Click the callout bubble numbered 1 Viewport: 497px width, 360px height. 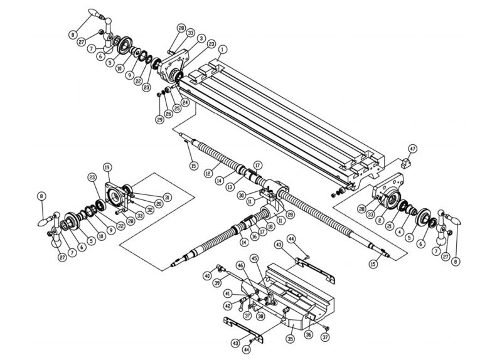[x=223, y=48]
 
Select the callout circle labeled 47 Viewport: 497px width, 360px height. [x=412, y=149]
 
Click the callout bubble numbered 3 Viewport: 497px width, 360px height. [x=201, y=38]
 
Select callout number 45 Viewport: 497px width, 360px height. [x=254, y=258]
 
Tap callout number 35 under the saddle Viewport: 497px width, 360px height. [x=291, y=339]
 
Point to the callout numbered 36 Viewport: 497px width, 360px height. [x=308, y=335]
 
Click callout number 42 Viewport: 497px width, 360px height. [x=227, y=306]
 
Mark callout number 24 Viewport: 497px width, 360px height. [x=185, y=102]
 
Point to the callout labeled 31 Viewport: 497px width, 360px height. [x=167, y=196]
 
